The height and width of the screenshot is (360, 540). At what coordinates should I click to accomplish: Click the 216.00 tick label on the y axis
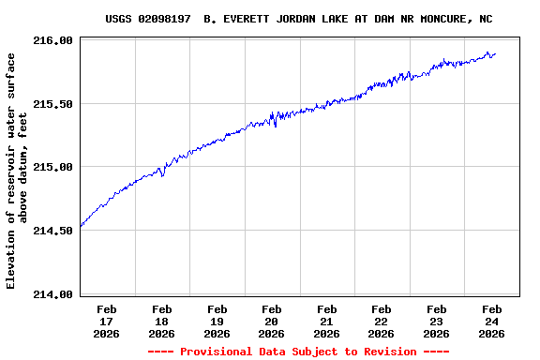[x=53, y=40]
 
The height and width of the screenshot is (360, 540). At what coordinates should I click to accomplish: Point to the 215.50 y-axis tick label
[x=53, y=104]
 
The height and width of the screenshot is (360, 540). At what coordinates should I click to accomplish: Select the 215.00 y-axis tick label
[x=53, y=167]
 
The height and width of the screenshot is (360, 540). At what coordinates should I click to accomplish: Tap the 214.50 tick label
[x=53, y=231]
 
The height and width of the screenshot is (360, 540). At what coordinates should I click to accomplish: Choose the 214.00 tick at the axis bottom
[x=53, y=294]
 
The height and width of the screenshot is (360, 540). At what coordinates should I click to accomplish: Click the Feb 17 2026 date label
[x=107, y=321]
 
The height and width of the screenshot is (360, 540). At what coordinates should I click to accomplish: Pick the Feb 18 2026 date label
[x=162, y=321]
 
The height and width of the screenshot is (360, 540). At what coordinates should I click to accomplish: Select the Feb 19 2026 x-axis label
[x=217, y=321]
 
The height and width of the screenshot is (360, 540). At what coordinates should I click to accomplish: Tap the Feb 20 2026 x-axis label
[x=272, y=321]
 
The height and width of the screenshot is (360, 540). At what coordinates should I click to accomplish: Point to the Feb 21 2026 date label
[x=327, y=321]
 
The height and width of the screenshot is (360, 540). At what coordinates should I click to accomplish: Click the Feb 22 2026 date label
[x=382, y=321]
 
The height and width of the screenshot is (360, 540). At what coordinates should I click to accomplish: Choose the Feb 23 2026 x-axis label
[x=437, y=321]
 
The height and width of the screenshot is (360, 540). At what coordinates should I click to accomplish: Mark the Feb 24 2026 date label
[x=491, y=321]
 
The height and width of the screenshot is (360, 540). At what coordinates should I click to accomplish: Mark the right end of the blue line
[x=495, y=54]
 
